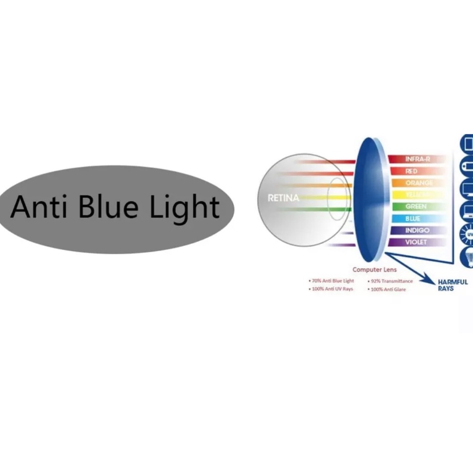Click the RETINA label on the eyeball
click(283, 198)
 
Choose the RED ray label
click(412, 171)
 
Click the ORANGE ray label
click(419, 183)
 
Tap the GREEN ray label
click(416, 207)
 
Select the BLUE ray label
click(412, 219)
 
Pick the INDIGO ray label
click(417, 230)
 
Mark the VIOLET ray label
click(416, 242)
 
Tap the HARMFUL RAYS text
click(453, 285)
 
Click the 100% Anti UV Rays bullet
click(332, 289)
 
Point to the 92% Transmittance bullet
click(391, 281)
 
